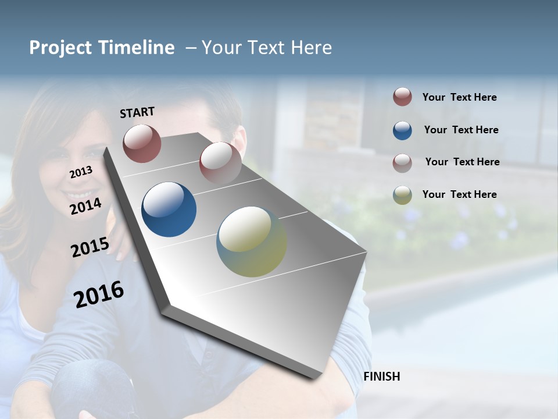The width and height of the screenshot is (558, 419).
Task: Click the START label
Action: pos(137,112)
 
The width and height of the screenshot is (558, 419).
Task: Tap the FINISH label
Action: pos(382,377)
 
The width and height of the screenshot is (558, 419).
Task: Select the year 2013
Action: pos(81,172)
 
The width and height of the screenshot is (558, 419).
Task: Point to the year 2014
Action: pos(85,207)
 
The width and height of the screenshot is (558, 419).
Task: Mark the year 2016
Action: pos(99,294)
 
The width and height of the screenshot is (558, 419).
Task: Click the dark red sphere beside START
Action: pos(142,143)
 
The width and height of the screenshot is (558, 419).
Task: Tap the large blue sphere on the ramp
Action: pos(169,210)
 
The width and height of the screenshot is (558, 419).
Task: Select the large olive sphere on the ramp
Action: pos(252,242)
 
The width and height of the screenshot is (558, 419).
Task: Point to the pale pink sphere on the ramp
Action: pos(220,162)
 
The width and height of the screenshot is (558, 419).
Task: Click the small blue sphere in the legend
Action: pos(402,130)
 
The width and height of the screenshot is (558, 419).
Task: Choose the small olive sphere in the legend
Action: pos(402,195)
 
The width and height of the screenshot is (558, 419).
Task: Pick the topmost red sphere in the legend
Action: pos(402,97)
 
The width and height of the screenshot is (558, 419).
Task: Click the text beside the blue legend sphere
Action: pos(461,130)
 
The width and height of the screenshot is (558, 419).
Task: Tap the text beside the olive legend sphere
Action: pos(459,194)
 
